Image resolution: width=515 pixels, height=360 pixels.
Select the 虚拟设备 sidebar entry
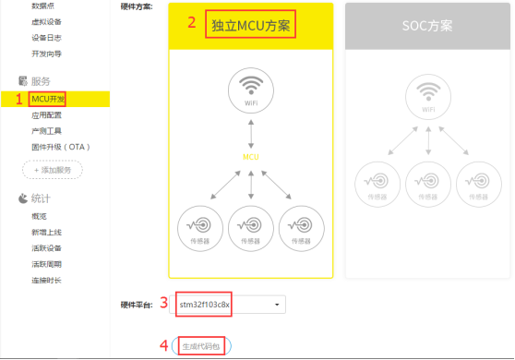(46, 21)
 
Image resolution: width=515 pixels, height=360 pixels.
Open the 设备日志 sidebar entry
(46, 38)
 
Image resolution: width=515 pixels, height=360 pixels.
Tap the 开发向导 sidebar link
(46, 54)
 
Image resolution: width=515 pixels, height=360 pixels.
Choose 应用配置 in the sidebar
(46, 115)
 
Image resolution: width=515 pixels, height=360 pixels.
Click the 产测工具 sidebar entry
(46, 131)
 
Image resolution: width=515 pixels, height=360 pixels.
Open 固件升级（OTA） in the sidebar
(60, 147)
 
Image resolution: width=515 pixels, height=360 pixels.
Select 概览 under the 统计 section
(40, 215)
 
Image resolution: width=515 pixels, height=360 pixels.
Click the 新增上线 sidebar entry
(46, 232)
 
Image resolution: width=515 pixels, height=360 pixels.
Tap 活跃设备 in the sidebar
(46, 247)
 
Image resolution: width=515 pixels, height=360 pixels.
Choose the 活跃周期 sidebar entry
(46, 264)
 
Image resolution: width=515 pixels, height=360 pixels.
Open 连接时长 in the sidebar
(46, 280)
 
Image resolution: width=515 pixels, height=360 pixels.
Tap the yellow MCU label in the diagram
(251, 158)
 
